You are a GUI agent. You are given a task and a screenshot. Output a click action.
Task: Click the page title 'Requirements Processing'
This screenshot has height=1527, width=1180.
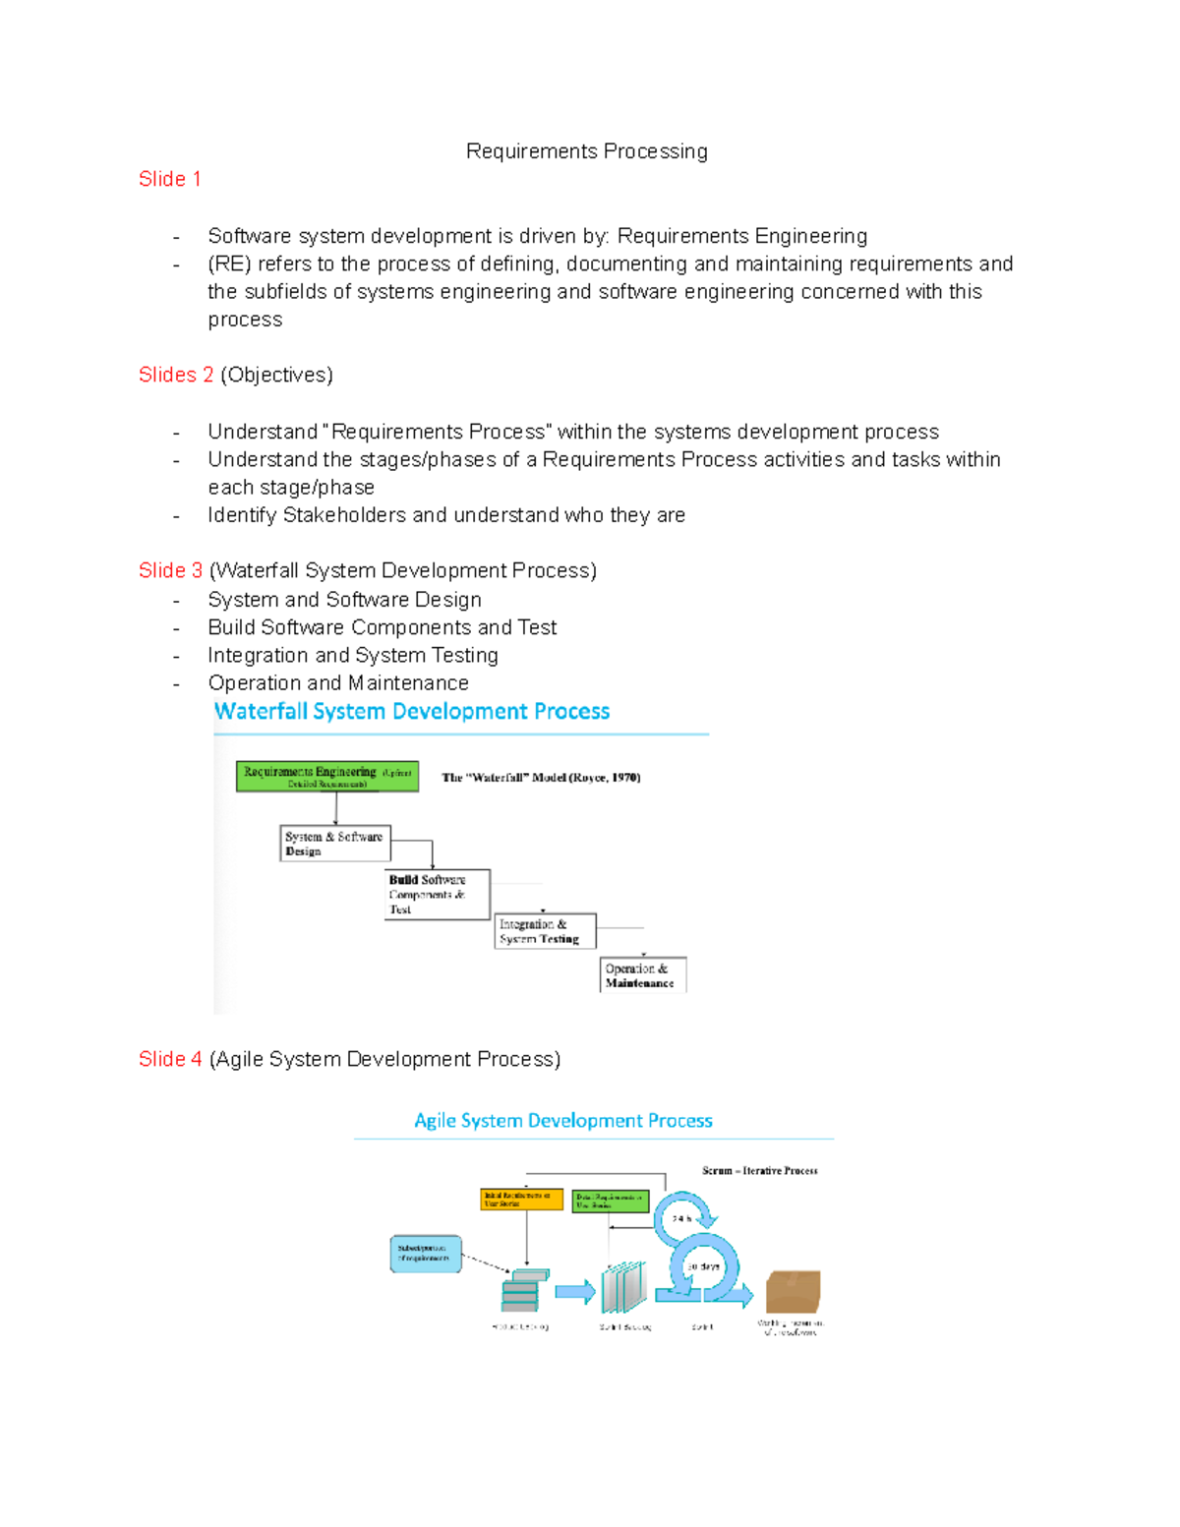click(586, 151)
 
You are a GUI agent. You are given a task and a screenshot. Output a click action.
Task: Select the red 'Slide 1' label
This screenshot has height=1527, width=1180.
click(169, 179)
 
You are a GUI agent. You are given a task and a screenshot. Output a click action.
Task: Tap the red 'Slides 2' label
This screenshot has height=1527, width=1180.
click(175, 375)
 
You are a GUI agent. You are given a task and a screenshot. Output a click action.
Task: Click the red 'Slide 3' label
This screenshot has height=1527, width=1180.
click(170, 570)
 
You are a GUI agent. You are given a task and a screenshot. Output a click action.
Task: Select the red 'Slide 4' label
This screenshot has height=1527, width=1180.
click(170, 1059)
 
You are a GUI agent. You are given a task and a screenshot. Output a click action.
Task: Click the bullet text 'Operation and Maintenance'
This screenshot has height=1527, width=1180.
click(338, 683)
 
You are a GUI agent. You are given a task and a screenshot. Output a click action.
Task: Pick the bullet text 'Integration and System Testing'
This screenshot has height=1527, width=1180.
click(353, 655)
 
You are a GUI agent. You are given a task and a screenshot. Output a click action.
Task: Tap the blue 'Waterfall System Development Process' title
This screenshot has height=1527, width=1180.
click(412, 711)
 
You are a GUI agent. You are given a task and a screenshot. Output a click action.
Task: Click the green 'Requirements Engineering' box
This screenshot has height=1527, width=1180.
click(327, 777)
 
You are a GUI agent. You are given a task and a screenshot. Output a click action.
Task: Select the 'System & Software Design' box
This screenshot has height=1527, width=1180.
click(335, 844)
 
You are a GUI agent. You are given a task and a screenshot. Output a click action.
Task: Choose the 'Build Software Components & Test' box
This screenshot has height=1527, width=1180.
click(437, 894)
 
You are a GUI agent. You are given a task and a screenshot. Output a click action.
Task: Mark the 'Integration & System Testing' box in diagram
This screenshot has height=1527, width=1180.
click(545, 931)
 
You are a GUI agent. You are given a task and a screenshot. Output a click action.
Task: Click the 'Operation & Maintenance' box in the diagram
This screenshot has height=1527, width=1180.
click(643, 974)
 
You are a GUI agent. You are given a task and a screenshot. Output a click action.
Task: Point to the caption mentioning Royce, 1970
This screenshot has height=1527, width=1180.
click(541, 778)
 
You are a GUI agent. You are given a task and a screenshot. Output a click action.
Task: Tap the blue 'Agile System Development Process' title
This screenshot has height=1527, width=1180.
click(563, 1121)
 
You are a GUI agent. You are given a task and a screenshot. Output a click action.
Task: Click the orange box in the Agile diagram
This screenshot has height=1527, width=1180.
click(521, 1200)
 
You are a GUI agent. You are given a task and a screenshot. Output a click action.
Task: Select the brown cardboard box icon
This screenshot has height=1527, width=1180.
click(793, 1291)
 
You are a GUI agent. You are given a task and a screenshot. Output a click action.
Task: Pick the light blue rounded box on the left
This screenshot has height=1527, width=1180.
click(426, 1254)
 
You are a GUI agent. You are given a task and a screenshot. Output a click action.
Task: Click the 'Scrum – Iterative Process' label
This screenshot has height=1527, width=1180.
click(759, 1171)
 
